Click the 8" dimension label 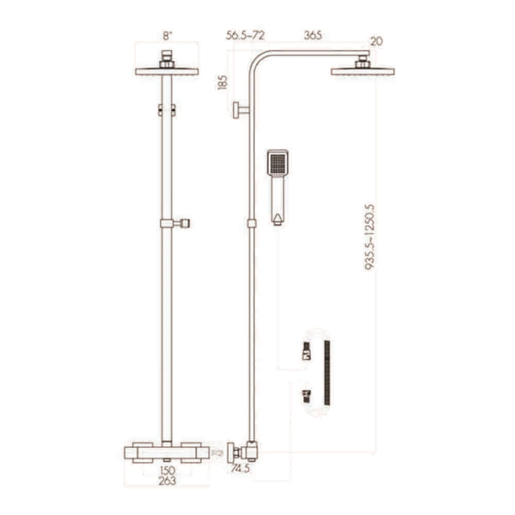[x=166, y=35]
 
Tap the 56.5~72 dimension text [x=245, y=35]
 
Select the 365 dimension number [x=313, y=35]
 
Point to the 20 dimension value [x=377, y=42]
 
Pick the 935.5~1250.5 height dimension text [x=370, y=237]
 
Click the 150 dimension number [x=167, y=470]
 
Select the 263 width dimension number [x=167, y=480]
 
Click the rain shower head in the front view [x=167, y=72]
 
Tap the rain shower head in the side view [x=362, y=72]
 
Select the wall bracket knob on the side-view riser [x=237, y=110]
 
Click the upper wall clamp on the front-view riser [x=167, y=110]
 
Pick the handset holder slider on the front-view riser [x=174, y=223]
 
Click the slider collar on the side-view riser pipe [x=251, y=223]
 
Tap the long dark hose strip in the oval [x=327, y=373]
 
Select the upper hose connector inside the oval [x=305, y=351]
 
